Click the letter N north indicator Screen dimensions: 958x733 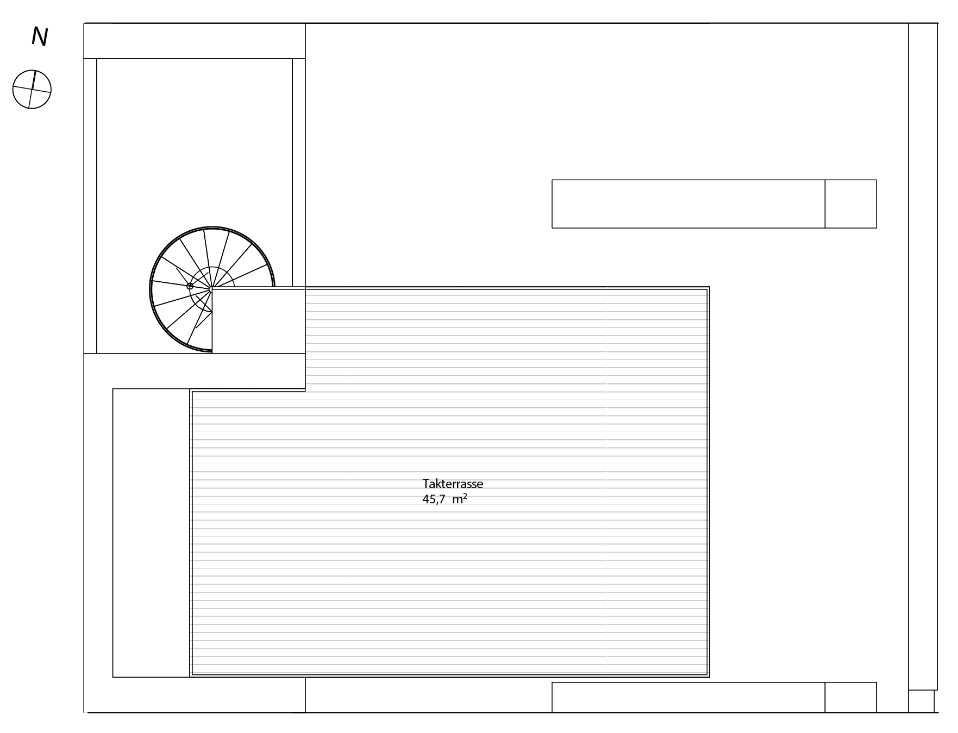(x=40, y=37)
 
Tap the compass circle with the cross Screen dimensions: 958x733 (x=32, y=89)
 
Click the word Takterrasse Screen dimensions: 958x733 (x=453, y=484)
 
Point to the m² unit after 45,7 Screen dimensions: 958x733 (x=460, y=499)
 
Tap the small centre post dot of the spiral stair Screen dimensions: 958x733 (x=190, y=286)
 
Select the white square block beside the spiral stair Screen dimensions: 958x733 (x=258, y=321)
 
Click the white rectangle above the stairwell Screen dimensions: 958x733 (x=194, y=41)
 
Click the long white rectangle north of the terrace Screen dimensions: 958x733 (x=688, y=204)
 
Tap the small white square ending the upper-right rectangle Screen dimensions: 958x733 (x=850, y=204)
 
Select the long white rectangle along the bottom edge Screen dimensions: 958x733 (x=688, y=697)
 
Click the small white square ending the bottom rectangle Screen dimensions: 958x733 (x=850, y=697)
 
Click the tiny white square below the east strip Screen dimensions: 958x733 (x=921, y=701)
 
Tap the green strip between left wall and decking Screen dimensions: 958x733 (x=151, y=533)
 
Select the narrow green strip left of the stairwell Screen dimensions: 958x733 (x=90, y=206)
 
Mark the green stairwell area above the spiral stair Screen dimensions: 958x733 (x=195, y=141)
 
